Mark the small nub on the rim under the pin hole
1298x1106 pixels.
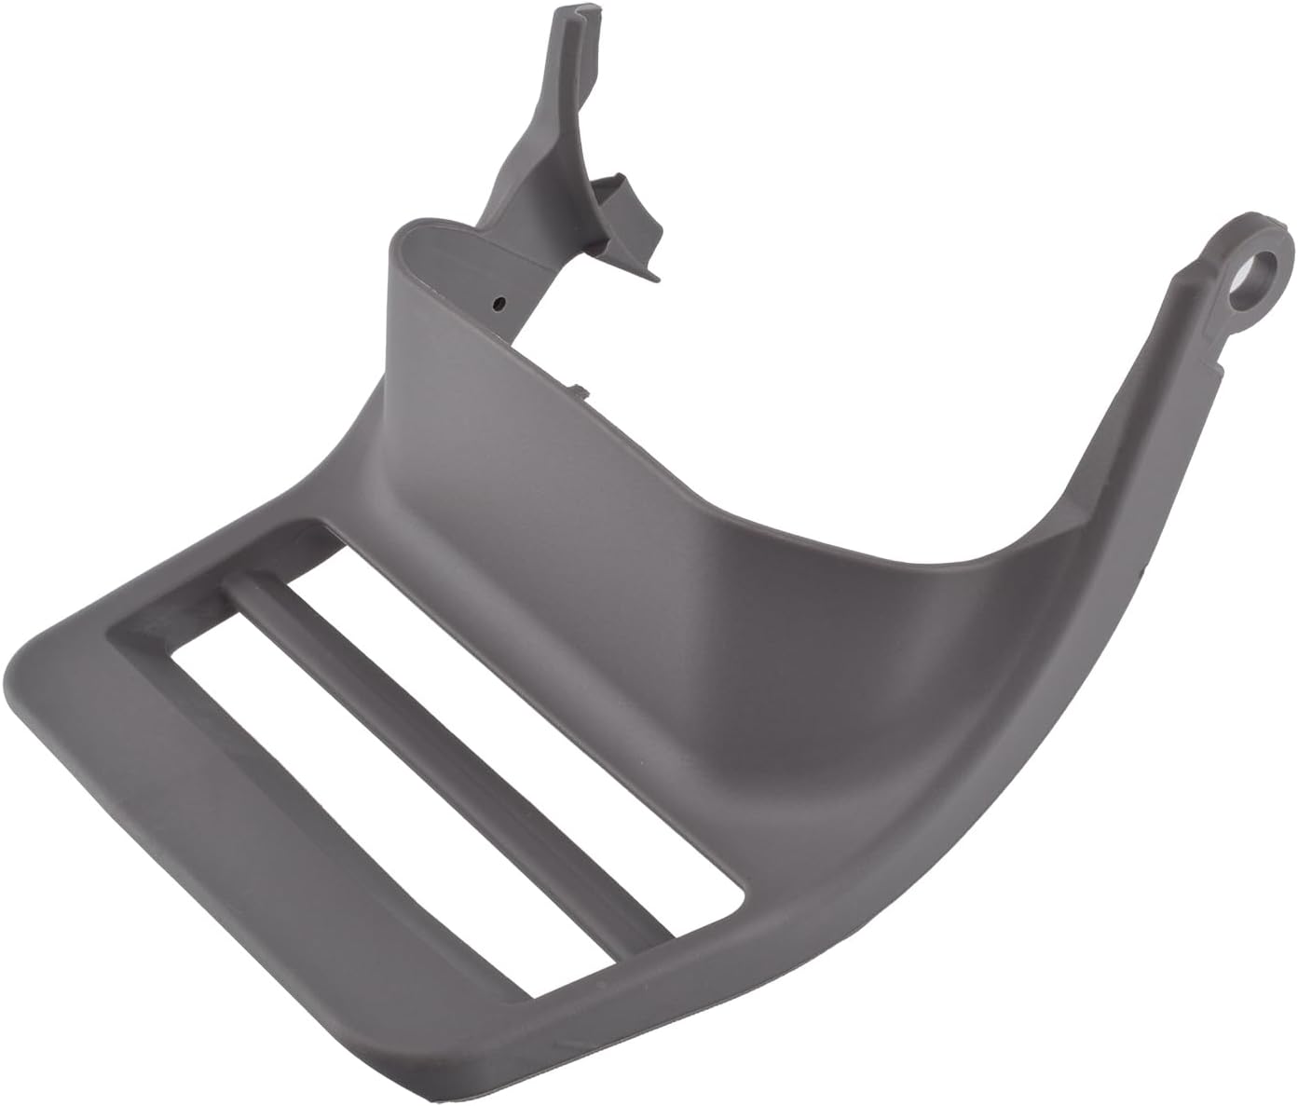577,390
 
